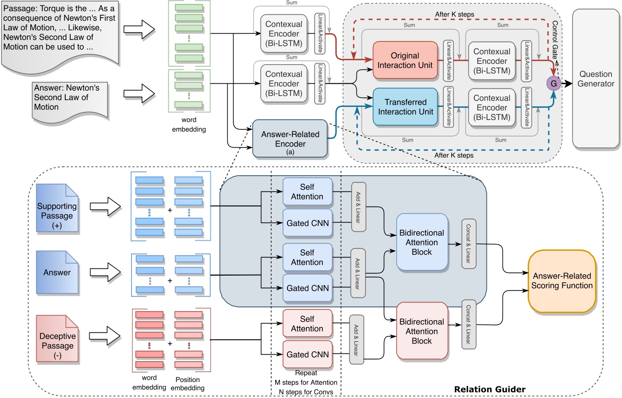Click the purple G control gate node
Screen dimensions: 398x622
tap(553, 83)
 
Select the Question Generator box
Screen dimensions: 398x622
tap(595, 79)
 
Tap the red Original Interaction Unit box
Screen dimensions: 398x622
tap(405, 60)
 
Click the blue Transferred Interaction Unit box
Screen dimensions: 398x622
tap(405, 107)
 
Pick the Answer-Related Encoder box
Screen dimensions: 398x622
tap(290, 139)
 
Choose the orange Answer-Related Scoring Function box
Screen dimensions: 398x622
tap(562, 281)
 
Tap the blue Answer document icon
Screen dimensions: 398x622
tap(57, 273)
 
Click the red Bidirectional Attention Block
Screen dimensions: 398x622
tap(422, 331)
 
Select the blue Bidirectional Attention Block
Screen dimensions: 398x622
tap(422, 242)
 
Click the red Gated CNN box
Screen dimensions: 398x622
tap(308, 355)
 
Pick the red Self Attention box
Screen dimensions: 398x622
tap(307, 324)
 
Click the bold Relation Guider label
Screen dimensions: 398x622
tap(489, 389)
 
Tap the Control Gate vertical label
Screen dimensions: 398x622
tap(555, 40)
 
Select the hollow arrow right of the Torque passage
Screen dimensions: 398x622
tap(139, 29)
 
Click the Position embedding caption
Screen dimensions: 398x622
tap(188, 384)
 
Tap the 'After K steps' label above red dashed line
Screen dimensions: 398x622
tap(455, 14)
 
